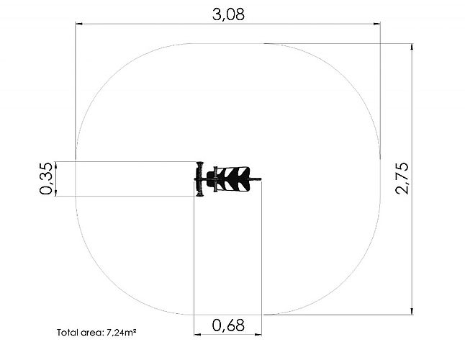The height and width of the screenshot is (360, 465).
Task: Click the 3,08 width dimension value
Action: click(228, 14)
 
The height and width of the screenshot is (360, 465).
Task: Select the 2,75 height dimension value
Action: click(402, 179)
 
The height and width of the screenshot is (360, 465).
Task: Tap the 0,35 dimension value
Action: click(46, 179)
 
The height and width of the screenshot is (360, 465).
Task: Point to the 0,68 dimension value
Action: click(228, 325)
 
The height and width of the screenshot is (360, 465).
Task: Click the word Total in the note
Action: click(66, 333)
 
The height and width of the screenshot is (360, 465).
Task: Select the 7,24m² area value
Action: click(121, 333)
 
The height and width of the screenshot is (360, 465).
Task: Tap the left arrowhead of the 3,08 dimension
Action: click(79, 24)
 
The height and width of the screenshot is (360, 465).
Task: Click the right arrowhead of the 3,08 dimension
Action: click(376, 24)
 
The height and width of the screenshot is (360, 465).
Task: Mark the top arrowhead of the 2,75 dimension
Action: click(412, 47)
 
